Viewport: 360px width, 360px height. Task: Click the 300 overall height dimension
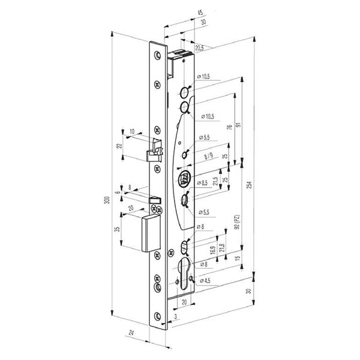click(x=107, y=200)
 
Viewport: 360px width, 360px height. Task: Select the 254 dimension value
click(x=250, y=185)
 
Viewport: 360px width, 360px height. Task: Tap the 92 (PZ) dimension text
click(x=238, y=222)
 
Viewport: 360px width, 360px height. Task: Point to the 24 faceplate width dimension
click(x=131, y=332)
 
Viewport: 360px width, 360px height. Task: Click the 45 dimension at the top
click(x=200, y=13)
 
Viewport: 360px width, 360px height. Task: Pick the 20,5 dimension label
click(x=200, y=48)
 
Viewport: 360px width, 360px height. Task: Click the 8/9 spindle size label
click(x=209, y=157)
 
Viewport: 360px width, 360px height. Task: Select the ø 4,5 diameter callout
click(x=205, y=281)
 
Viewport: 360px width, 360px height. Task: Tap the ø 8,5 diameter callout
click(x=202, y=183)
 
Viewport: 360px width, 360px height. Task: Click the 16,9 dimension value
click(x=212, y=250)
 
